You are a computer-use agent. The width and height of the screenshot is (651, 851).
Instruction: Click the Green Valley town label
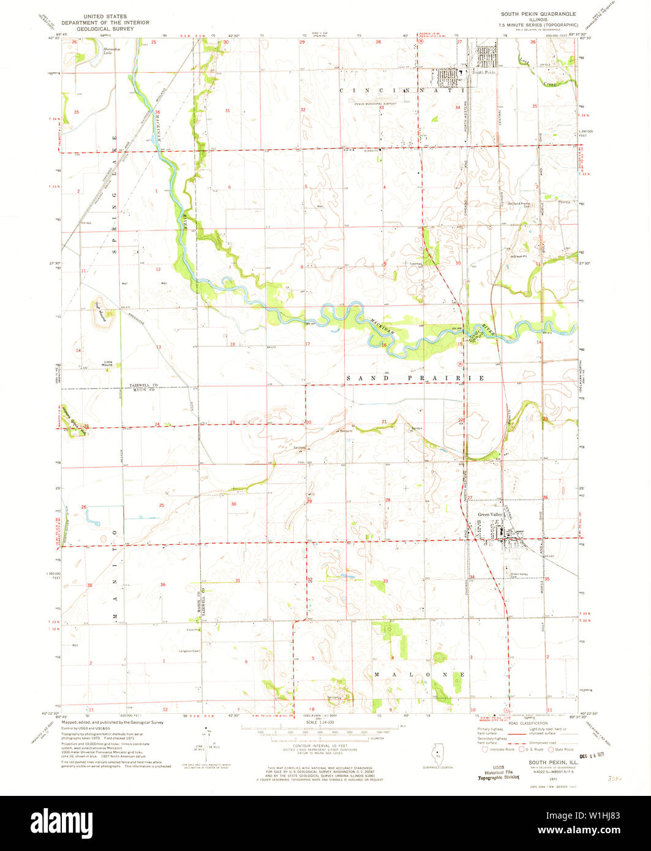489,515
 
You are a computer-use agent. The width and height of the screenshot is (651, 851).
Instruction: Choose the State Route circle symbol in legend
551,749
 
